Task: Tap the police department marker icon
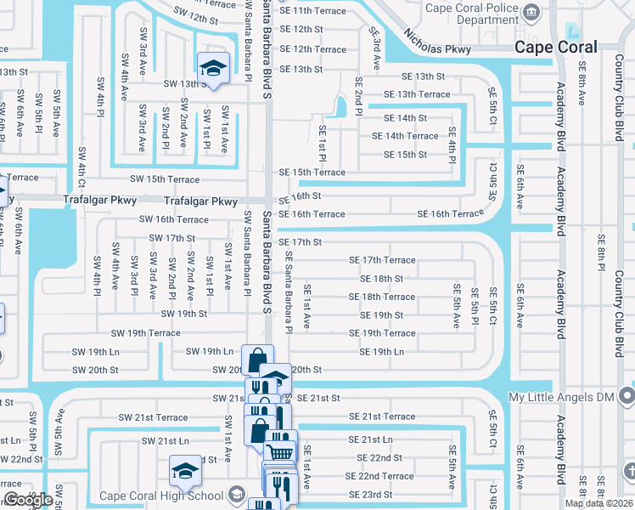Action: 531,12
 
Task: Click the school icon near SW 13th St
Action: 213,67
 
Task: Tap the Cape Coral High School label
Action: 160,496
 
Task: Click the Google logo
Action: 28,500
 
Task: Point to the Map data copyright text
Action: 598,503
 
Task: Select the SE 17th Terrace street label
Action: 382,260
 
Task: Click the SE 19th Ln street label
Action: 381,352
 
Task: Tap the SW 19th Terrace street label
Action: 145,333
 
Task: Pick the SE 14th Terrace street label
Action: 405,136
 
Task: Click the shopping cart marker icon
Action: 281,444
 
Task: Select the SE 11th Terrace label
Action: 313,11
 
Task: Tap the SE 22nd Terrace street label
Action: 379,477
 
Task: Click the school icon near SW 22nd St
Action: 185,468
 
